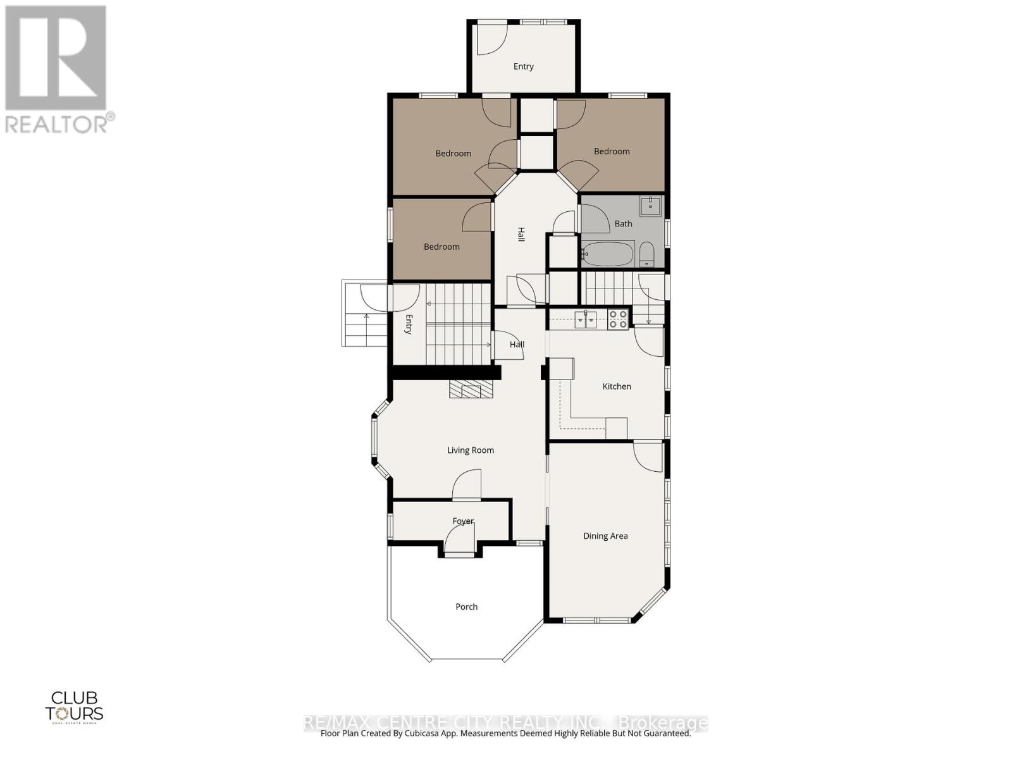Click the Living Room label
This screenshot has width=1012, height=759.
[x=471, y=450]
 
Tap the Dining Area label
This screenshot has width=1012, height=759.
[x=605, y=536]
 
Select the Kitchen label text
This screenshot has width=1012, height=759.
[x=617, y=386]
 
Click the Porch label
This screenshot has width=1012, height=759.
[x=467, y=607]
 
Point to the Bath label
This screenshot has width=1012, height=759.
[x=623, y=223]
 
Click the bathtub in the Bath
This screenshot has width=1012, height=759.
[x=607, y=254]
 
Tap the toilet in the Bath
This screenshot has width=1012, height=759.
[x=646, y=255]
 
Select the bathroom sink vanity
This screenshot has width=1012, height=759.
[x=651, y=206]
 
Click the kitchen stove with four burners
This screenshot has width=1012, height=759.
[x=618, y=319]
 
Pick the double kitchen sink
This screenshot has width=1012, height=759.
[x=586, y=319]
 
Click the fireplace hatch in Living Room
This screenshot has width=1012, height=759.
[x=471, y=390]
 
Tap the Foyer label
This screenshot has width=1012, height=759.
[x=463, y=521]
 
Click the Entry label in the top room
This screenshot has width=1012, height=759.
[x=524, y=66]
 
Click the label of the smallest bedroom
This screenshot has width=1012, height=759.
[x=441, y=247]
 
